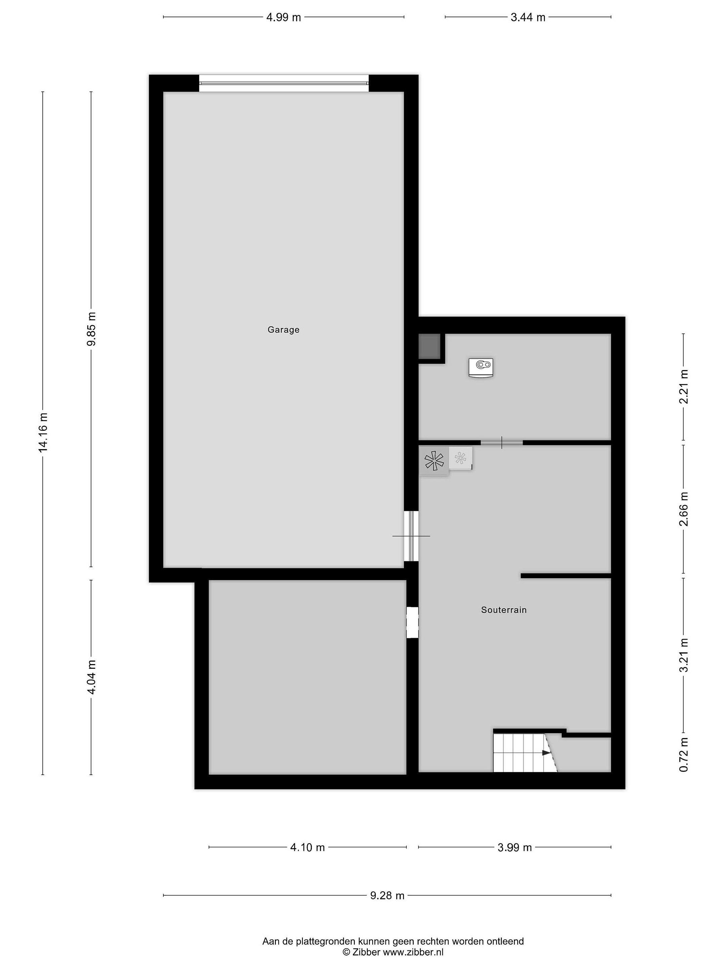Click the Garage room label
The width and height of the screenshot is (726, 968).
coord(284,330)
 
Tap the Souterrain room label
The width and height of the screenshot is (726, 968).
coord(504,610)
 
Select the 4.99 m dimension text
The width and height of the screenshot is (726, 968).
coord(284,17)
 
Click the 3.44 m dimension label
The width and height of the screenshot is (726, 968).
coord(528,17)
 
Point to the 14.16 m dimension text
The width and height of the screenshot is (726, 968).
coord(43,432)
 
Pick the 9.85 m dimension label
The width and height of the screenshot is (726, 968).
coord(91,329)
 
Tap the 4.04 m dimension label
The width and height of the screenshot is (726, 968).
coord(91,677)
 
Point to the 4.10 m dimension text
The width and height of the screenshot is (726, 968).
coord(308,847)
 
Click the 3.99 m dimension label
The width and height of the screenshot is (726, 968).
coord(515,847)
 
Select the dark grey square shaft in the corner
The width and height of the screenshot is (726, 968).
coord(429,347)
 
